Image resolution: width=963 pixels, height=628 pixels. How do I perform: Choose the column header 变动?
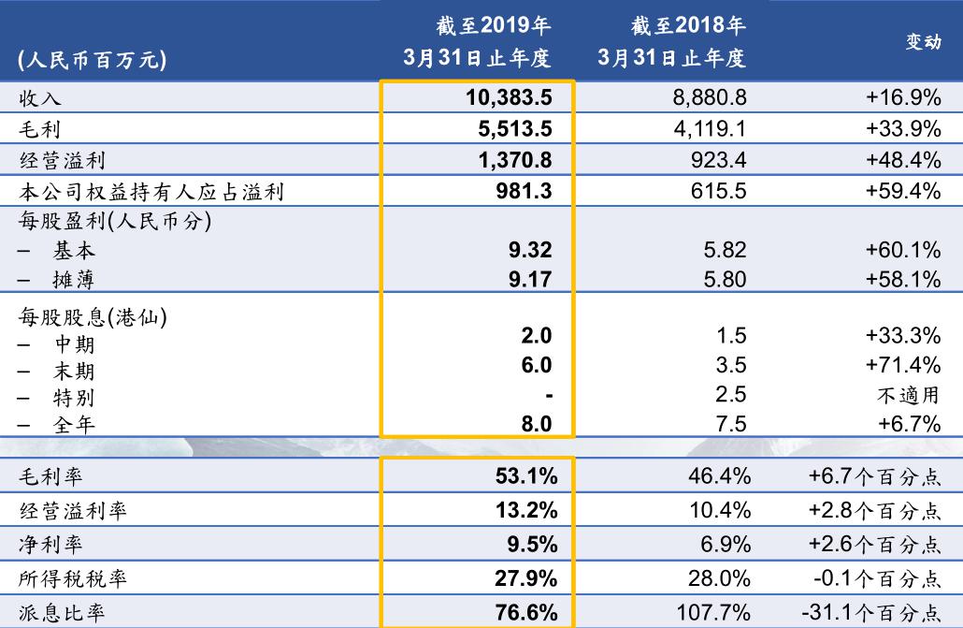(x=923, y=42)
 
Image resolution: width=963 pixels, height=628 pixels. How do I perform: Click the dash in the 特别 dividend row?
(x=550, y=396)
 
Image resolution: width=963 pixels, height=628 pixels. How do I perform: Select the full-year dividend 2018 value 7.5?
(x=737, y=424)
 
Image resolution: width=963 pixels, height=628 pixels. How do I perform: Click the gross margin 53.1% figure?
(x=525, y=476)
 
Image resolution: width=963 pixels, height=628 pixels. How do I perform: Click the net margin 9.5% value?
(x=533, y=545)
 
